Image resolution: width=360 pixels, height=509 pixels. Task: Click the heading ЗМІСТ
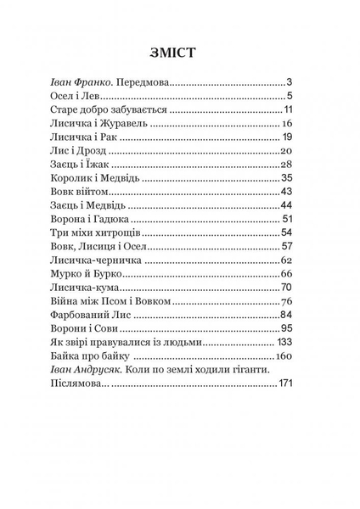[x=172, y=52]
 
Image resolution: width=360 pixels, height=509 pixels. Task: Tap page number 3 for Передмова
[x=289, y=82]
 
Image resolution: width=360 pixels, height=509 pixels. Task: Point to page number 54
[x=286, y=232]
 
